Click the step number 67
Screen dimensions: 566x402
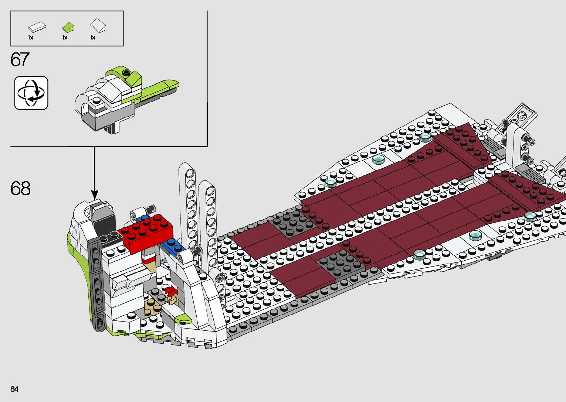(x=20, y=60)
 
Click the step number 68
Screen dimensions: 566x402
(x=21, y=189)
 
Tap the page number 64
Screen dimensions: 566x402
(x=14, y=389)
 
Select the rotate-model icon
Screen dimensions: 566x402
(x=31, y=93)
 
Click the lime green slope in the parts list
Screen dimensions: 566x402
(x=68, y=27)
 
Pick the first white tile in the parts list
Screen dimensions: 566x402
(x=37, y=27)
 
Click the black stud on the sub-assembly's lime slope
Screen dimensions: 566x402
(x=126, y=72)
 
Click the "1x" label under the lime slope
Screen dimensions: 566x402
(x=65, y=38)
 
